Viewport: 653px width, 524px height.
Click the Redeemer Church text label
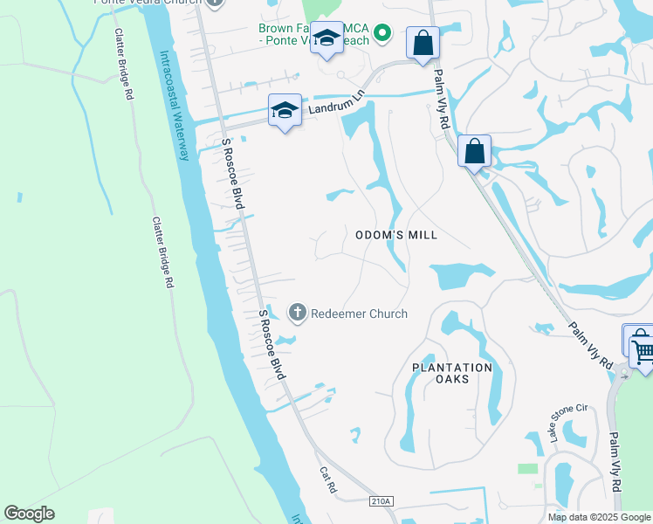[x=359, y=314]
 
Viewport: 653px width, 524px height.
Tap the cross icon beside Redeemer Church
[x=297, y=313]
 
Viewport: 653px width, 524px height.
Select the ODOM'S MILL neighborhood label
[x=396, y=235]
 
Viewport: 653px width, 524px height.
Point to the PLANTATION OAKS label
[x=452, y=373]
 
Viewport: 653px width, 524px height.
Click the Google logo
[x=29, y=514]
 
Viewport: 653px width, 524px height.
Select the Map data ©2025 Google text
[x=599, y=517]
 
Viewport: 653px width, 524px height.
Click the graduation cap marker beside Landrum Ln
[x=285, y=110]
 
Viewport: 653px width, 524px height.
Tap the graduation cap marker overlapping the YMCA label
[x=327, y=39]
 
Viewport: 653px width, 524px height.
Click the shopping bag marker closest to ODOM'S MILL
[x=474, y=151]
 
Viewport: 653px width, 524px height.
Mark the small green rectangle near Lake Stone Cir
[x=527, y=469]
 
